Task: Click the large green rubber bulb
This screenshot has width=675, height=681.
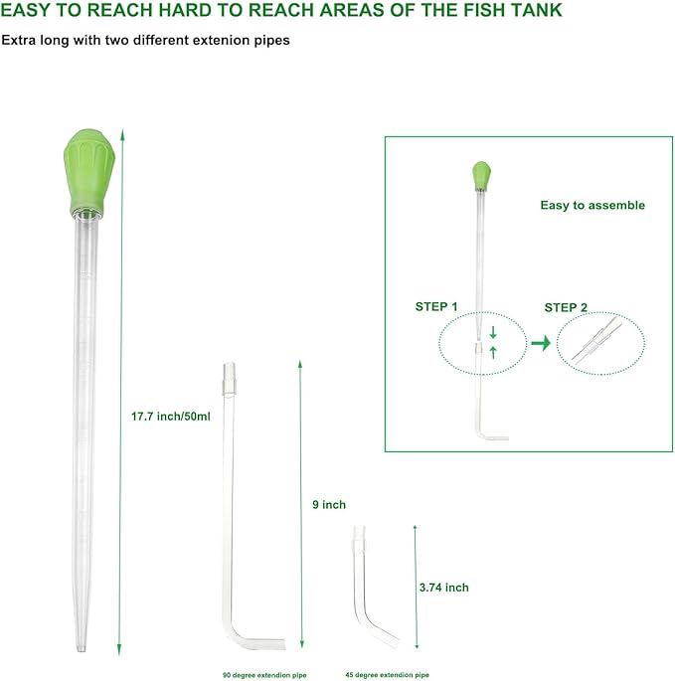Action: click(x=89, y=172)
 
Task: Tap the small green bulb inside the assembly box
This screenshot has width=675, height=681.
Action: click(x=481, y=175)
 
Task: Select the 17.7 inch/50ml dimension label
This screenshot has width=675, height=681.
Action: click(x=171, y=417)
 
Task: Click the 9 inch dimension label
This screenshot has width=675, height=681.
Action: click(x=329, y=505)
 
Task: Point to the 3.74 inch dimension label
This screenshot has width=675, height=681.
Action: click(x=444, y=588)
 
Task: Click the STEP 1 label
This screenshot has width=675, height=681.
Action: click(x=436, y=306)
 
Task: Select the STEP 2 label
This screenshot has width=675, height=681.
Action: click(x=566, y=307)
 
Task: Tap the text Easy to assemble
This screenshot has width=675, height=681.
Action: click(x=592, y=205)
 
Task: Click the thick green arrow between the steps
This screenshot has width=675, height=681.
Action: click(x=541, y=343)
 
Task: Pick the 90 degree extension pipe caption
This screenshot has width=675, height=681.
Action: click(x=264, y=675)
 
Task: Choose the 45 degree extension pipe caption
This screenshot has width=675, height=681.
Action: click(x=387, y=675)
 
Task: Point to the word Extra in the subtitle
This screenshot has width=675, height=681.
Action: click(x=18, y=40)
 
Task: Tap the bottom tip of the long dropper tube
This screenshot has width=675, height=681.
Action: click(x=82, y=650)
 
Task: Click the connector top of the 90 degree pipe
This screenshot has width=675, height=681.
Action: click(x=230, y=379)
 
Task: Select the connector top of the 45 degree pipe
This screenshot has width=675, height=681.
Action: click(x=359, y=537)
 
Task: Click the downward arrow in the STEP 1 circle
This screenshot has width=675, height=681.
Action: click(x=493, y=333)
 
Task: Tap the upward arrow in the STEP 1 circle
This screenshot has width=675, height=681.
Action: click(x=493, y=352)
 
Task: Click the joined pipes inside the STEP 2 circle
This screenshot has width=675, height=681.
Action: click(x=595, y=339)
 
